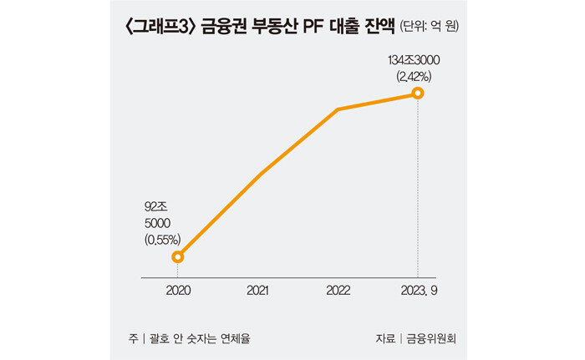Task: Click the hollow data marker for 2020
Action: coord(177,256)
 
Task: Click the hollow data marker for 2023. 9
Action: coord(418,92)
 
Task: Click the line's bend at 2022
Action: coord(338,109)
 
